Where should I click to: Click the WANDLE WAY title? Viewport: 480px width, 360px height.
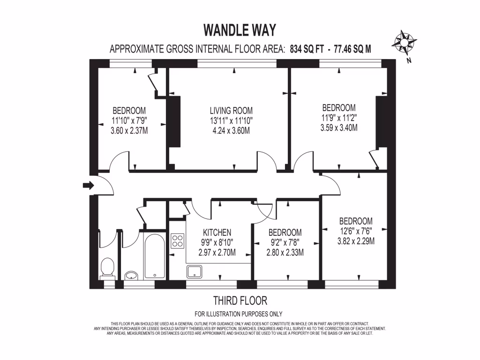(x=240, y=30)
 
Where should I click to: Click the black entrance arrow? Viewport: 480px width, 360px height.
(x=88, y=186)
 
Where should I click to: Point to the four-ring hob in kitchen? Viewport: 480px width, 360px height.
(x=178, y=241)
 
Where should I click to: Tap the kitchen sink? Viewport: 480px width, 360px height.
(x=194, y=271)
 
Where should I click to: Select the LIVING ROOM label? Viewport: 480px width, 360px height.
(x=231, y=111)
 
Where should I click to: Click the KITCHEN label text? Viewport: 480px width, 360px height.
(x=217, y=232)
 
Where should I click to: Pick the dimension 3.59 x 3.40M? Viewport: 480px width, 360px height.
(x=338, y=127)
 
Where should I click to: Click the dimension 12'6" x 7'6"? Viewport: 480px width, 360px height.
(x=356, y=232)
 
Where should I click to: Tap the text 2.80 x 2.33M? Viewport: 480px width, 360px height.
(x=285, y=253)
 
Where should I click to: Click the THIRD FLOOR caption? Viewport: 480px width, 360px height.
(x=240, y=300)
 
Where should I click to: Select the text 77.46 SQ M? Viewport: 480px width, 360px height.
(x=352, y=49)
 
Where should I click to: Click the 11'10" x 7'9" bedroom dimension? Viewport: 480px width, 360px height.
(x=129, y=120)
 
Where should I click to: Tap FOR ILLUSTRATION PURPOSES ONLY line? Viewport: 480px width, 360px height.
(x=238, y=314)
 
